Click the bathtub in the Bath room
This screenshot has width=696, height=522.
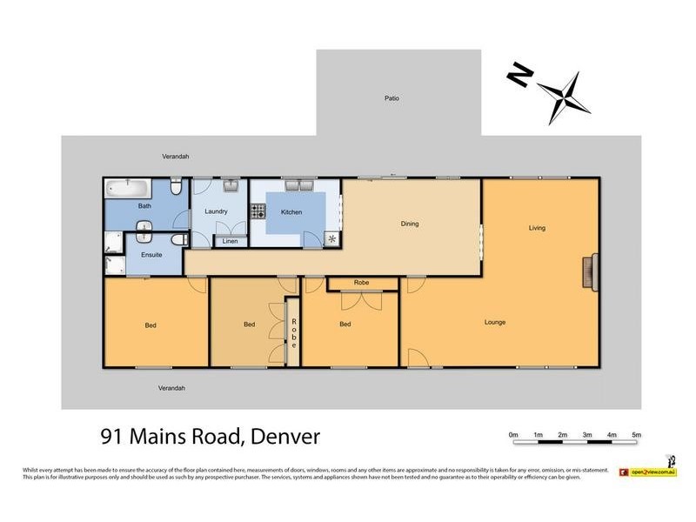click(x=126, y=187)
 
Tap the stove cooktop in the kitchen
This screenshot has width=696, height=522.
click(x=258, y=211)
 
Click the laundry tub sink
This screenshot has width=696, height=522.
click(x=230, y=185)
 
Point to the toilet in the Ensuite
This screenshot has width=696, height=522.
click(x=178, y=239)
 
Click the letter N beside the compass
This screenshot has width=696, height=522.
click(x=519, y=77)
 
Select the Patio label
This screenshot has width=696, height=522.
click(x=392, y=99)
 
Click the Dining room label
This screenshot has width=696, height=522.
click(x=409, y=224)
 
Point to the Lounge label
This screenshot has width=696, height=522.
click(x=495, y=323)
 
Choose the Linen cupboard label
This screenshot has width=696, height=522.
click(x=230, y=241)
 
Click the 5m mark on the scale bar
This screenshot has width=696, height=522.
click(x=636, y=434)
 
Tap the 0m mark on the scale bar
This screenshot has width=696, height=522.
click(x=513, y=434)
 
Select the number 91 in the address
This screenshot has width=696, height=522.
click(x=111, y=436)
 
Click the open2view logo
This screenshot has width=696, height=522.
click(x=648, y=472)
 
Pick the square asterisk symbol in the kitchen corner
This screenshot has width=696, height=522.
click(x=331, y=238)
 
